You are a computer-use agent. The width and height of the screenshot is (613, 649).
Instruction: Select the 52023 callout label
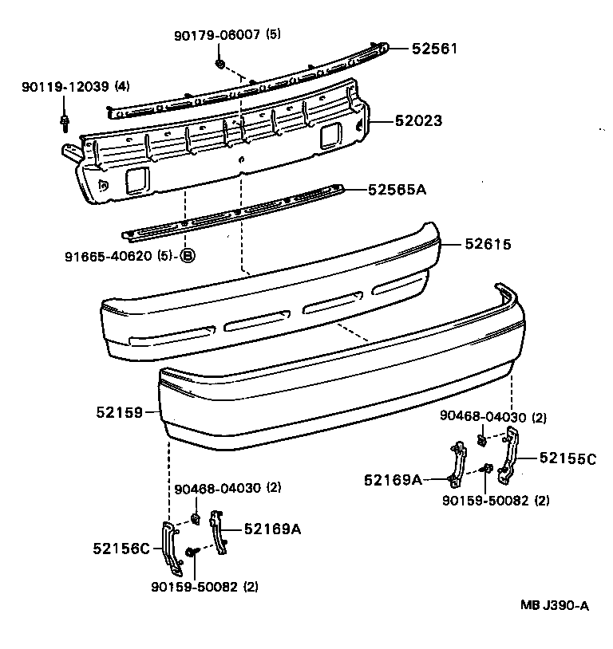click(x=419, y=121)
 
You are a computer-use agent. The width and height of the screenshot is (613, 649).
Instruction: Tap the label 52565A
click(x=397, y=190)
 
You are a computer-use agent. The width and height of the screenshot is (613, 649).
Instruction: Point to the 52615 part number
click(x=488, y=245)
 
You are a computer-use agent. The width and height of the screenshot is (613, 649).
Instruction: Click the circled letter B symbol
click(x=187, y=256)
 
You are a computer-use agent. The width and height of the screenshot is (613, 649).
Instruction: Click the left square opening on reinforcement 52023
click(x=135, y=181)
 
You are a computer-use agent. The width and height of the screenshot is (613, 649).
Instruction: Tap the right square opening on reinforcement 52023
click(x=328, y=138)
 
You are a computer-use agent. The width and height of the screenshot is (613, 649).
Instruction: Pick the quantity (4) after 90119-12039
click(x=123, y=86)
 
